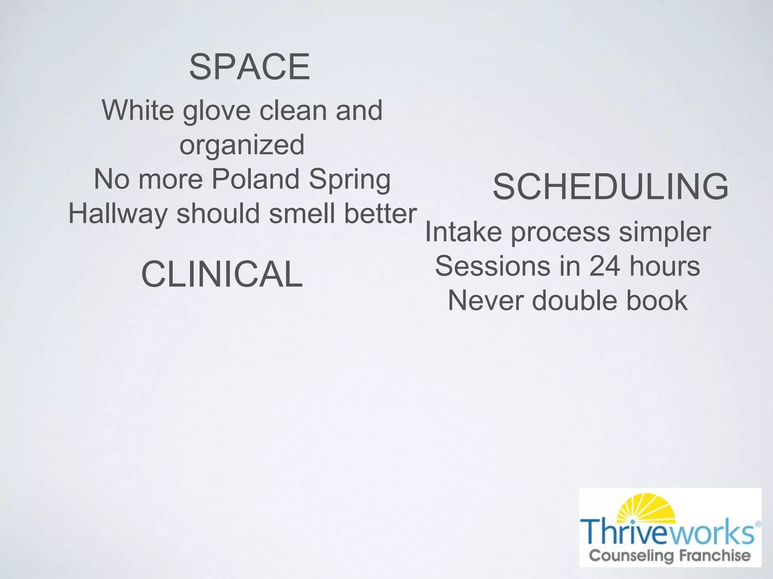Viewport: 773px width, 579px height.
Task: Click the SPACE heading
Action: point(249,67)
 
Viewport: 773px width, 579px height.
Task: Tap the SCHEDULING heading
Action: point(610,187)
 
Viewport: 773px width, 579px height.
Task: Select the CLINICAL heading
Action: point(222,274)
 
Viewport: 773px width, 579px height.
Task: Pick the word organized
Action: point(242,145)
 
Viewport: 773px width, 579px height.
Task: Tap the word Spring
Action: point(350,180)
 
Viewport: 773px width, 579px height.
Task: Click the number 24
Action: point(604,266)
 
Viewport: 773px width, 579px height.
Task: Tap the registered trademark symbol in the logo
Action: point(758,524)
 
